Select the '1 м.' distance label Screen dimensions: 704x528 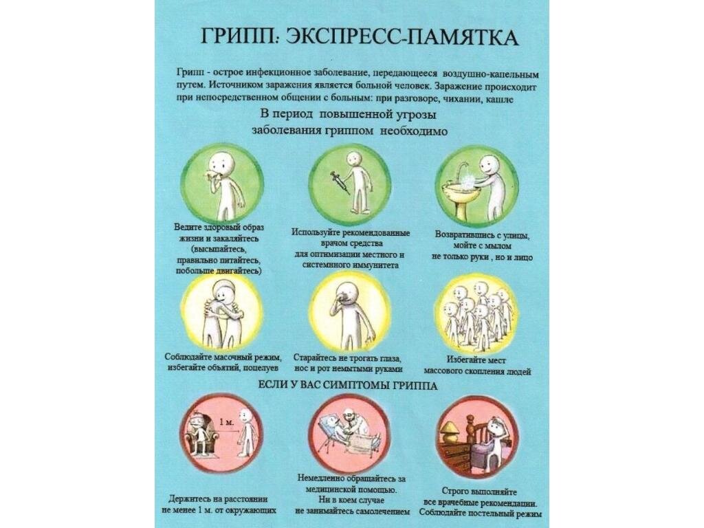pos(227,422)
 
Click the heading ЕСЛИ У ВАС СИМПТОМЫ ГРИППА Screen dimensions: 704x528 pos(349,385)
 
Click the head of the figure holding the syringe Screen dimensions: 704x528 pos(353,158)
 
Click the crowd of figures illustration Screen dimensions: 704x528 pos(477,314)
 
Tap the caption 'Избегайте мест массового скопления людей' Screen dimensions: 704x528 pos(477,366)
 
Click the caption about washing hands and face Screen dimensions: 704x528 pos(482,246)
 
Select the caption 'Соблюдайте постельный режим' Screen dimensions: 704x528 pos(481,513)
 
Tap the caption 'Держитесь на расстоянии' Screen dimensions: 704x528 pos(218,499)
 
